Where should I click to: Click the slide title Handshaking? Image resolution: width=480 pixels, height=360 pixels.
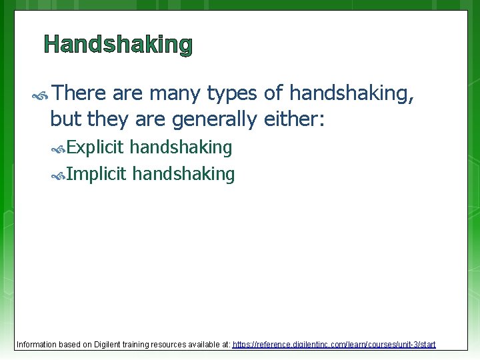tap(118, 45)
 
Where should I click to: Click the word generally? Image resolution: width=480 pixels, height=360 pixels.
tap(213, 119)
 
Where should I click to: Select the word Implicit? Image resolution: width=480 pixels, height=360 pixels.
tap(96, 175)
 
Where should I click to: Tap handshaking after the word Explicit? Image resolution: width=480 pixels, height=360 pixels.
tap(181, 147)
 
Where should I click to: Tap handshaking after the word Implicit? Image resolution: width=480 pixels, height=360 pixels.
tap(183, 175)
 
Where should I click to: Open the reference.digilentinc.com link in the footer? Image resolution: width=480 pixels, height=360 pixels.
tap(333, 345)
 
